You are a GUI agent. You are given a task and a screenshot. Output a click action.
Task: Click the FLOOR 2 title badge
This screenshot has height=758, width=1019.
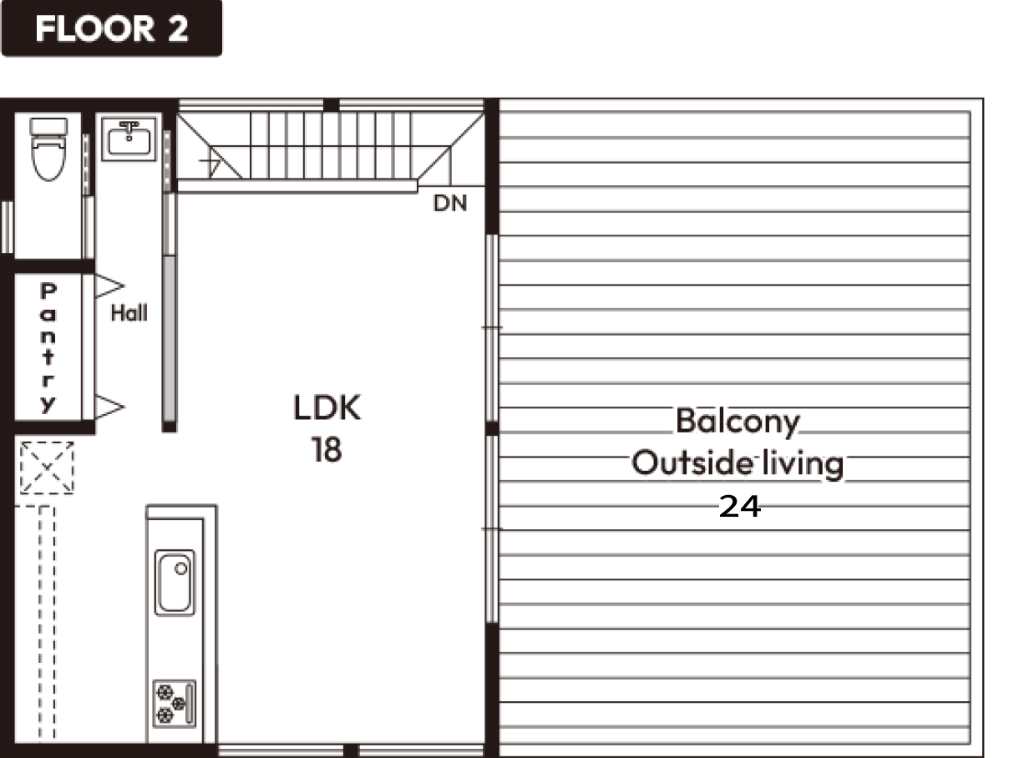tap(112, 28)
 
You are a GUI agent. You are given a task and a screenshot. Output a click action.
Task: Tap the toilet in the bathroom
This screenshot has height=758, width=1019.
tap(48, 149)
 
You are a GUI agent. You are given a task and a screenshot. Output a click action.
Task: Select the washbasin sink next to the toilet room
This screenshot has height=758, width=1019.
tap(129, 139)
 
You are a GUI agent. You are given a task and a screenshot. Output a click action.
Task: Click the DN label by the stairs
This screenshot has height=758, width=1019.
tap(450, 203)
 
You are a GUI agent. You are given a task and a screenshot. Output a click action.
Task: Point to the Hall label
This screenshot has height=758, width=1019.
tap(129, 313)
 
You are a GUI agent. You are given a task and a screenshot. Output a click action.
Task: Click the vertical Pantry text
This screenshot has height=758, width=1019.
tap(48, 348)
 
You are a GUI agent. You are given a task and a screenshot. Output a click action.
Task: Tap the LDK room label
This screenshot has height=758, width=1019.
tap(327, 408)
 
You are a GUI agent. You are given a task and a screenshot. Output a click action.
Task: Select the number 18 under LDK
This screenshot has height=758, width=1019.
tap(327, 450)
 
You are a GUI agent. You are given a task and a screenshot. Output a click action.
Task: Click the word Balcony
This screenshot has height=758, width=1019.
tap(738, 422)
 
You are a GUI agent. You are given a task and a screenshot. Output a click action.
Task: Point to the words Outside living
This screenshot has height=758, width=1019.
tap(738, 463)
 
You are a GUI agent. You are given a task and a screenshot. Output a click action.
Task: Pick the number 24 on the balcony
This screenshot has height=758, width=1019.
tap(740, 507)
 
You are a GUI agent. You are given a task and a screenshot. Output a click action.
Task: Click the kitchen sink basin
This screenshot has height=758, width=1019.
tap(175, 583)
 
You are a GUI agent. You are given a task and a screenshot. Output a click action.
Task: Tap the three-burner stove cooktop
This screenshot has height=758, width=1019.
tap(175, 704)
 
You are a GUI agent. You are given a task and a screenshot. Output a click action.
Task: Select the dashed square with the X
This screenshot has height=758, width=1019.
tap(47, 468)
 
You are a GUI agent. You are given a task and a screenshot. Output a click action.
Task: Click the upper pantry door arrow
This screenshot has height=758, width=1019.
tap(109, 286)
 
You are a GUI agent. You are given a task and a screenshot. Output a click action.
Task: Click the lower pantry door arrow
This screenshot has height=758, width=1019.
tap(109, 407)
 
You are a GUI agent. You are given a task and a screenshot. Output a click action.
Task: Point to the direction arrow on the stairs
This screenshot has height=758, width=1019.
tap(210, 162)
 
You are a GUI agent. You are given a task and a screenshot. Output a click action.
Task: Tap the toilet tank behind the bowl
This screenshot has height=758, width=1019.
tap(48, 126)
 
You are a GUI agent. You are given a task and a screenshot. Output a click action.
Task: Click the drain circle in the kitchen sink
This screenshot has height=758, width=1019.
tap(181, 568)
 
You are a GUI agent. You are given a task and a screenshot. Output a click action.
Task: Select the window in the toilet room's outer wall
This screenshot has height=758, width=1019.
tap(8, 227)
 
